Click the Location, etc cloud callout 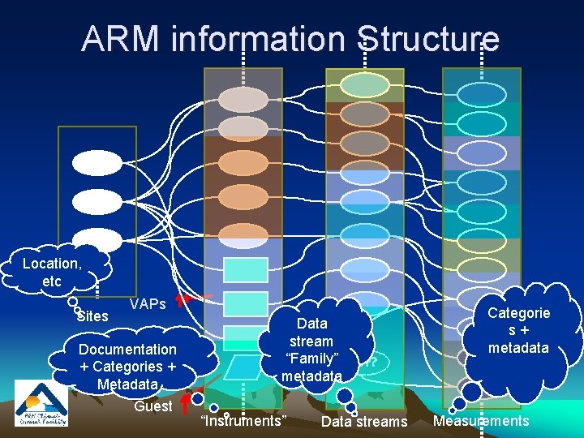point(52,271)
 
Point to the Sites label point(92,316)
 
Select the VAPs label point(148,304)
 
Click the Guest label point(152,406)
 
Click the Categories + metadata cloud point(518,329)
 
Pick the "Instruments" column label point(243,420)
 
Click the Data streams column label point(364,421)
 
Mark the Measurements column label point(481,420)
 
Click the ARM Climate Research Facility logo point(41,403)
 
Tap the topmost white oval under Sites point(96,163)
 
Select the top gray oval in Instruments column point(243,99)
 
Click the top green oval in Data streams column point(364,85)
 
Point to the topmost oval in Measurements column point(481,95)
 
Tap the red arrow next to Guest point(186,401)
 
